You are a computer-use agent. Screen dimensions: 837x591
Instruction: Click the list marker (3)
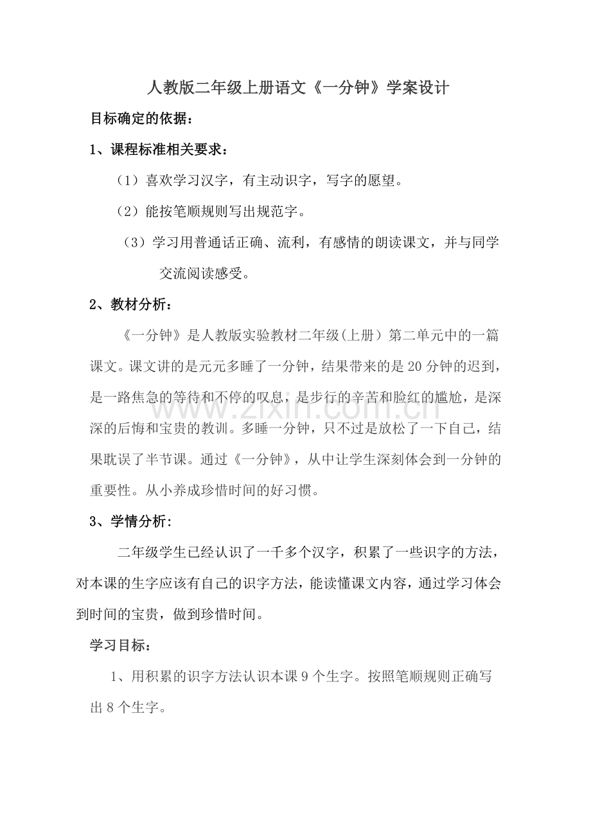pos(135,242)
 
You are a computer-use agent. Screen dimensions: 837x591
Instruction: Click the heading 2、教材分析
pos(130,304)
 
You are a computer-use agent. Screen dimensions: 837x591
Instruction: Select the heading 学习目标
pos(121,645)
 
